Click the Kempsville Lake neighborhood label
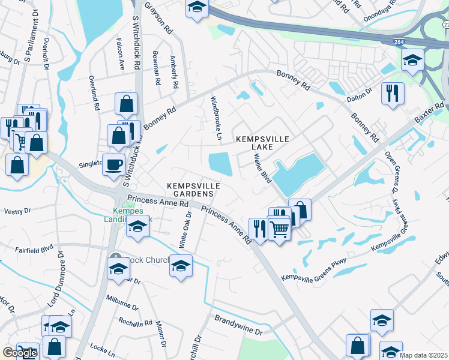pos(262,143)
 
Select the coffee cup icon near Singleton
pos(113,164)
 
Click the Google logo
pos(20,353)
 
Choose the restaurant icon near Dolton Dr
pos(393,93)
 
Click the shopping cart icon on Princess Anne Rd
pos(279,228)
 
